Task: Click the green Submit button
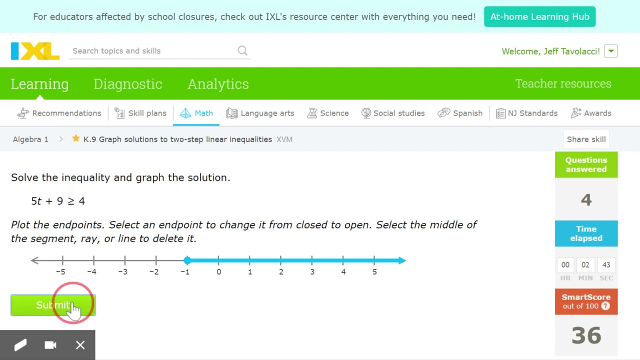click(x=52, y=305)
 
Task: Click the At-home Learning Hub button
click(x=539, y=17)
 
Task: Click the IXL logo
click(x=35, y=51)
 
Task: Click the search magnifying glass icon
click(x=242, y=50)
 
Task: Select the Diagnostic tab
click(x=127, y=84)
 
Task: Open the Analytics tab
click(x=218, y=84)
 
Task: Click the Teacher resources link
click(x=563, y=84)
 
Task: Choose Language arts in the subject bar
click(x=267, y=113)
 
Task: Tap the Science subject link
click(x=334, y=113)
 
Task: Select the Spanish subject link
click(x=467, y=113)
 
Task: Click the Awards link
click(x=597, y=113)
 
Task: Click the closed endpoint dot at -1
click(x=187, y=260)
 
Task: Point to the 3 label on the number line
click(x=312, y=272)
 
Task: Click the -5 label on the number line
click(x=61, y=272)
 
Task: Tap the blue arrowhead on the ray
click(x=402, y=260)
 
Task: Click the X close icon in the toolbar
click(x=80, y=345)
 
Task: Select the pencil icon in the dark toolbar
click(x=20, y=345)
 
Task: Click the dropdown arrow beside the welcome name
click(x=610, y=51)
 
